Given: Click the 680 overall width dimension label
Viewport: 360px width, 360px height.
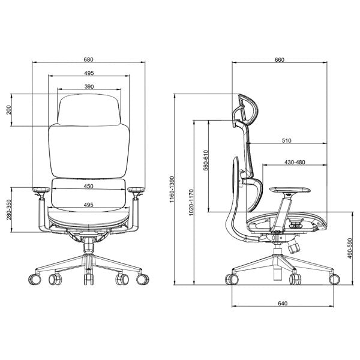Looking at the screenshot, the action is tap(88, 59).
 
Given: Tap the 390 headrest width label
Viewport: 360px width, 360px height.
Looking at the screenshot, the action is tap(89, 86).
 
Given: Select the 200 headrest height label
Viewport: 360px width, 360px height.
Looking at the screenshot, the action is tap(8, 110).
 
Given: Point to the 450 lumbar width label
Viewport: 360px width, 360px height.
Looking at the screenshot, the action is tap(88, 186).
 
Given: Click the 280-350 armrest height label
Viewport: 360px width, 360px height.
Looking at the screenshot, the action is tap(9, 209).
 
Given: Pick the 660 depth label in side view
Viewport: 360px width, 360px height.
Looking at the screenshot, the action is tap(280, 59).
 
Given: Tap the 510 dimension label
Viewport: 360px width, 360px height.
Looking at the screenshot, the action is tap(287, 140).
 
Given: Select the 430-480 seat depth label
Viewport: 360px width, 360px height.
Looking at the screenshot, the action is tap(295, 162).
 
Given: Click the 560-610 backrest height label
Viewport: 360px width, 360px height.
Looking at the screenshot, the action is tap(206, 160).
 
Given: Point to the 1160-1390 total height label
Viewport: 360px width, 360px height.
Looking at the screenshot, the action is tap(172, 190).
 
